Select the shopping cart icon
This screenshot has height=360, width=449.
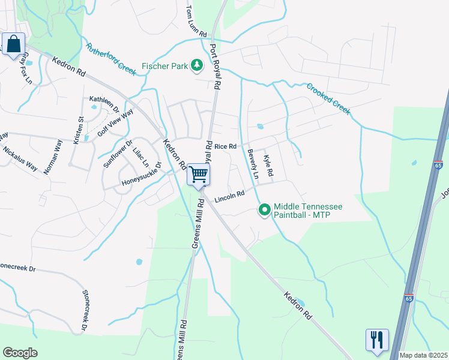pyautogui.click(x=198, y=175)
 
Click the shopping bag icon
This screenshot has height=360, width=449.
pyautogui.click(x=14, y=44)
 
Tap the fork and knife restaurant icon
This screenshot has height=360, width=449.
pyautogui.click(x=377, y=340)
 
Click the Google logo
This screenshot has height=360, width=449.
pyautogui.click(x=20, y=353)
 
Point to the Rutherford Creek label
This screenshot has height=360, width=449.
pyautogui.click(x=112, y=59)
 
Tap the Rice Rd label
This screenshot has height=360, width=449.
pyautogui.click(x=226, y=146)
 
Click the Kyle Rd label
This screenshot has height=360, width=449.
pyautogui.click(x=268, y=164)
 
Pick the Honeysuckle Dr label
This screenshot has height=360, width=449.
pyautogui.click(x=142, y=173)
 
